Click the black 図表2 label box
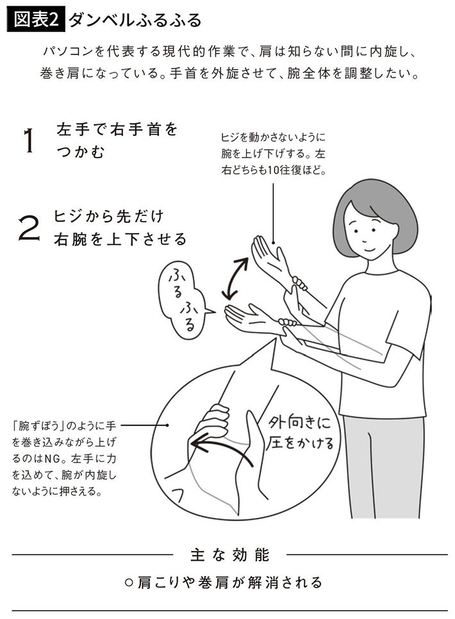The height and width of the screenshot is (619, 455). pos(36,20)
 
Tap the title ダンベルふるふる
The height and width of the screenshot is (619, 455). pos(135,21)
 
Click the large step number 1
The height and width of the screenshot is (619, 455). pos(28,141)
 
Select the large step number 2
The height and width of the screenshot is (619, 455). pos(29,227)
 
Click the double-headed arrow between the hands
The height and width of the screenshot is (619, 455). pos(235,278)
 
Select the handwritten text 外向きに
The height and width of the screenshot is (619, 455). pos(300,423)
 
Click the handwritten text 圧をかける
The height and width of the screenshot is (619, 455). pos(300,443)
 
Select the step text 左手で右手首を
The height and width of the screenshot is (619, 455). pos(117,129)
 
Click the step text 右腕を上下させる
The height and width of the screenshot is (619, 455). pos(120,239)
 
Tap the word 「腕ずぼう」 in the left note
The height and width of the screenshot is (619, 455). pos(38,425)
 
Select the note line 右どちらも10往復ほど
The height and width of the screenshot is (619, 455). pos(273,170)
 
